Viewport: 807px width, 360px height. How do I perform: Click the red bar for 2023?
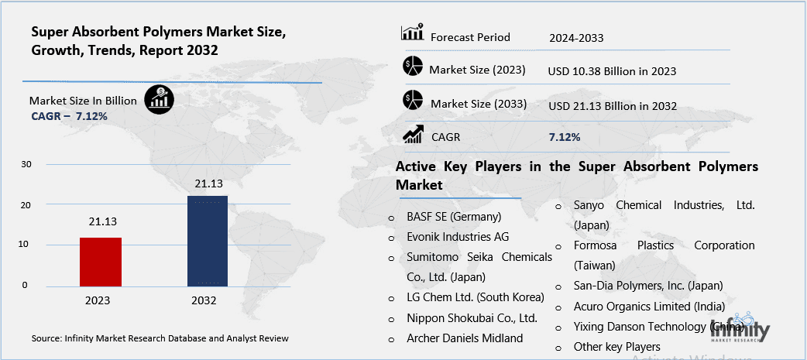pyautogui.click(x=101, y=262)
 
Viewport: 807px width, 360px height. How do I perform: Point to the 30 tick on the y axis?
pyautogui.click(x=26, y=164)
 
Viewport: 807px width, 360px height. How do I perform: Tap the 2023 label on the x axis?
pyautogui.click(x=98, y=300)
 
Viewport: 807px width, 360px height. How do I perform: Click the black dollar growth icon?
pyautogui.click(x=160, y=100)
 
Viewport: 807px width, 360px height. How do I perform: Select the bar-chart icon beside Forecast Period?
pyautogui.click(x=412, y=33)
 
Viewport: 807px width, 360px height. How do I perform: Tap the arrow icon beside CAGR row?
pyautogui.click(x=412, y=135)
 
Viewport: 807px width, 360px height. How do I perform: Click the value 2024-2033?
pyautogui.click(x=576, y=37)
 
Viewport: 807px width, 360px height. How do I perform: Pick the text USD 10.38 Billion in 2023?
pyautogui.click(x=612, y=70)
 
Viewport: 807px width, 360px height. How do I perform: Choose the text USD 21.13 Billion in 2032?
pyautogui.click(x=612, y=105)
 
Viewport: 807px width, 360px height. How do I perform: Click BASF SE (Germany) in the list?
pyautogui.click(x=454, y=217)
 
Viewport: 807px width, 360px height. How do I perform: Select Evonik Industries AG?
pyautogui.click(x=458, y=237)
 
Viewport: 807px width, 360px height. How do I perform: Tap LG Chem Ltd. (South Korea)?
pyautogui.click(x=476, y=297)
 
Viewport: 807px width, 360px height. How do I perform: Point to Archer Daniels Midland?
pyautogui.click(x=465, y=338)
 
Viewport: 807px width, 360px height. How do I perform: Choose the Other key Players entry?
pyautogui.click(x=616, y=346)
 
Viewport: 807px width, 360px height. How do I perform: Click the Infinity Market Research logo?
pyautogui.click(x=740, y=328)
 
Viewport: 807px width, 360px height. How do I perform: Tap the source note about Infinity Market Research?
pyautogui.click(x=160, y=338)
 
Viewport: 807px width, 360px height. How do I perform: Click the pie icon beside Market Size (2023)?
pyautogui.click(x=412, y=67)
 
